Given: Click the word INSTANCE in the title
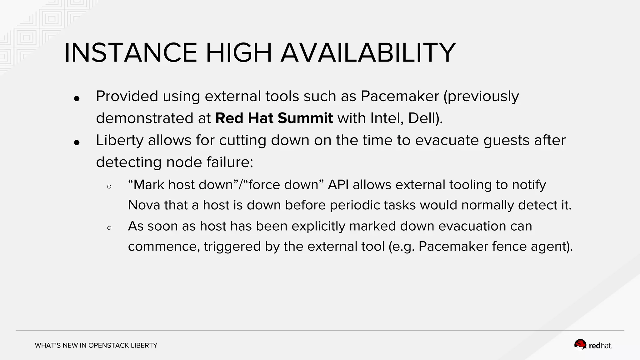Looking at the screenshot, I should point(131,53).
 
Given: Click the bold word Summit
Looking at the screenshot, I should point(305,118).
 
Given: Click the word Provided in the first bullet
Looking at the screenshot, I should point(127,96).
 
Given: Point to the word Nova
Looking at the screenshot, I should point(144,205).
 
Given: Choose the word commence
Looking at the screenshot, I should point(164,247).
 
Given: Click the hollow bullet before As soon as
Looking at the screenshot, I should point(109,228).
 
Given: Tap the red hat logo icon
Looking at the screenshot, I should point(580,345).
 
